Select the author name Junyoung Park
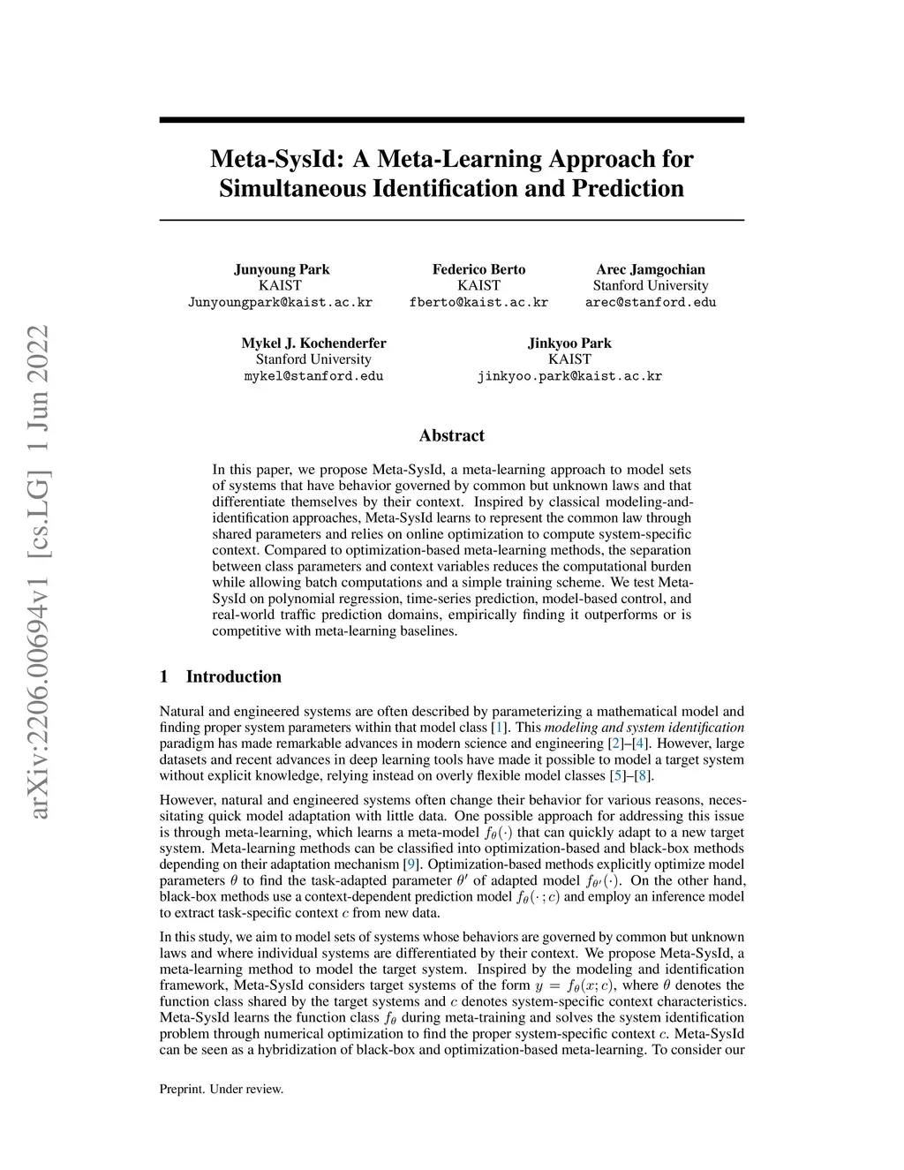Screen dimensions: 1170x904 pyautogui.click(x=281, y=269)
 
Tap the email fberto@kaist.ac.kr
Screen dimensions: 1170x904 pyautogui.click(x=478, y=302)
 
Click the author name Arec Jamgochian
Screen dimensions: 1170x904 pyautogui.click(x=651, y=269)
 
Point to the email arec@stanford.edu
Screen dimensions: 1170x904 pyautogui.click(x=651, y=302)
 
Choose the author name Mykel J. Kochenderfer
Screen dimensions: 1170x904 pyautogui.click(x=313, y=343)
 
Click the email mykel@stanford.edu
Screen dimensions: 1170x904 pyautogui.click(x=313, y=376)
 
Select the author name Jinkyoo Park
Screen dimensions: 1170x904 pyautogui.click(x=569, y=343)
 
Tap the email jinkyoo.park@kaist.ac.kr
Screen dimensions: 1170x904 pyautogui.click(x=569, y=376)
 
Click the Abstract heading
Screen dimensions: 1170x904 pyautogui.click(x=451, y=435)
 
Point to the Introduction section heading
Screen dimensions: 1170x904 pyautogui.click(x=233, y=677)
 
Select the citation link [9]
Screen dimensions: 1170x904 pyautogui.click(x=411, y=864)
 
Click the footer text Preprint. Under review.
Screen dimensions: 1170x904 pyautogui.click(x=221, y=1090)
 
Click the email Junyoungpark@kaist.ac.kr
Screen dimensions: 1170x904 pyautogui.click(x=281, y=302)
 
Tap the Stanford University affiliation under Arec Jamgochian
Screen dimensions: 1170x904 pyautogui.click(x=651, y=286)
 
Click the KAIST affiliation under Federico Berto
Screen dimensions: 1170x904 pyautogui.click(x=478, y=286)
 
